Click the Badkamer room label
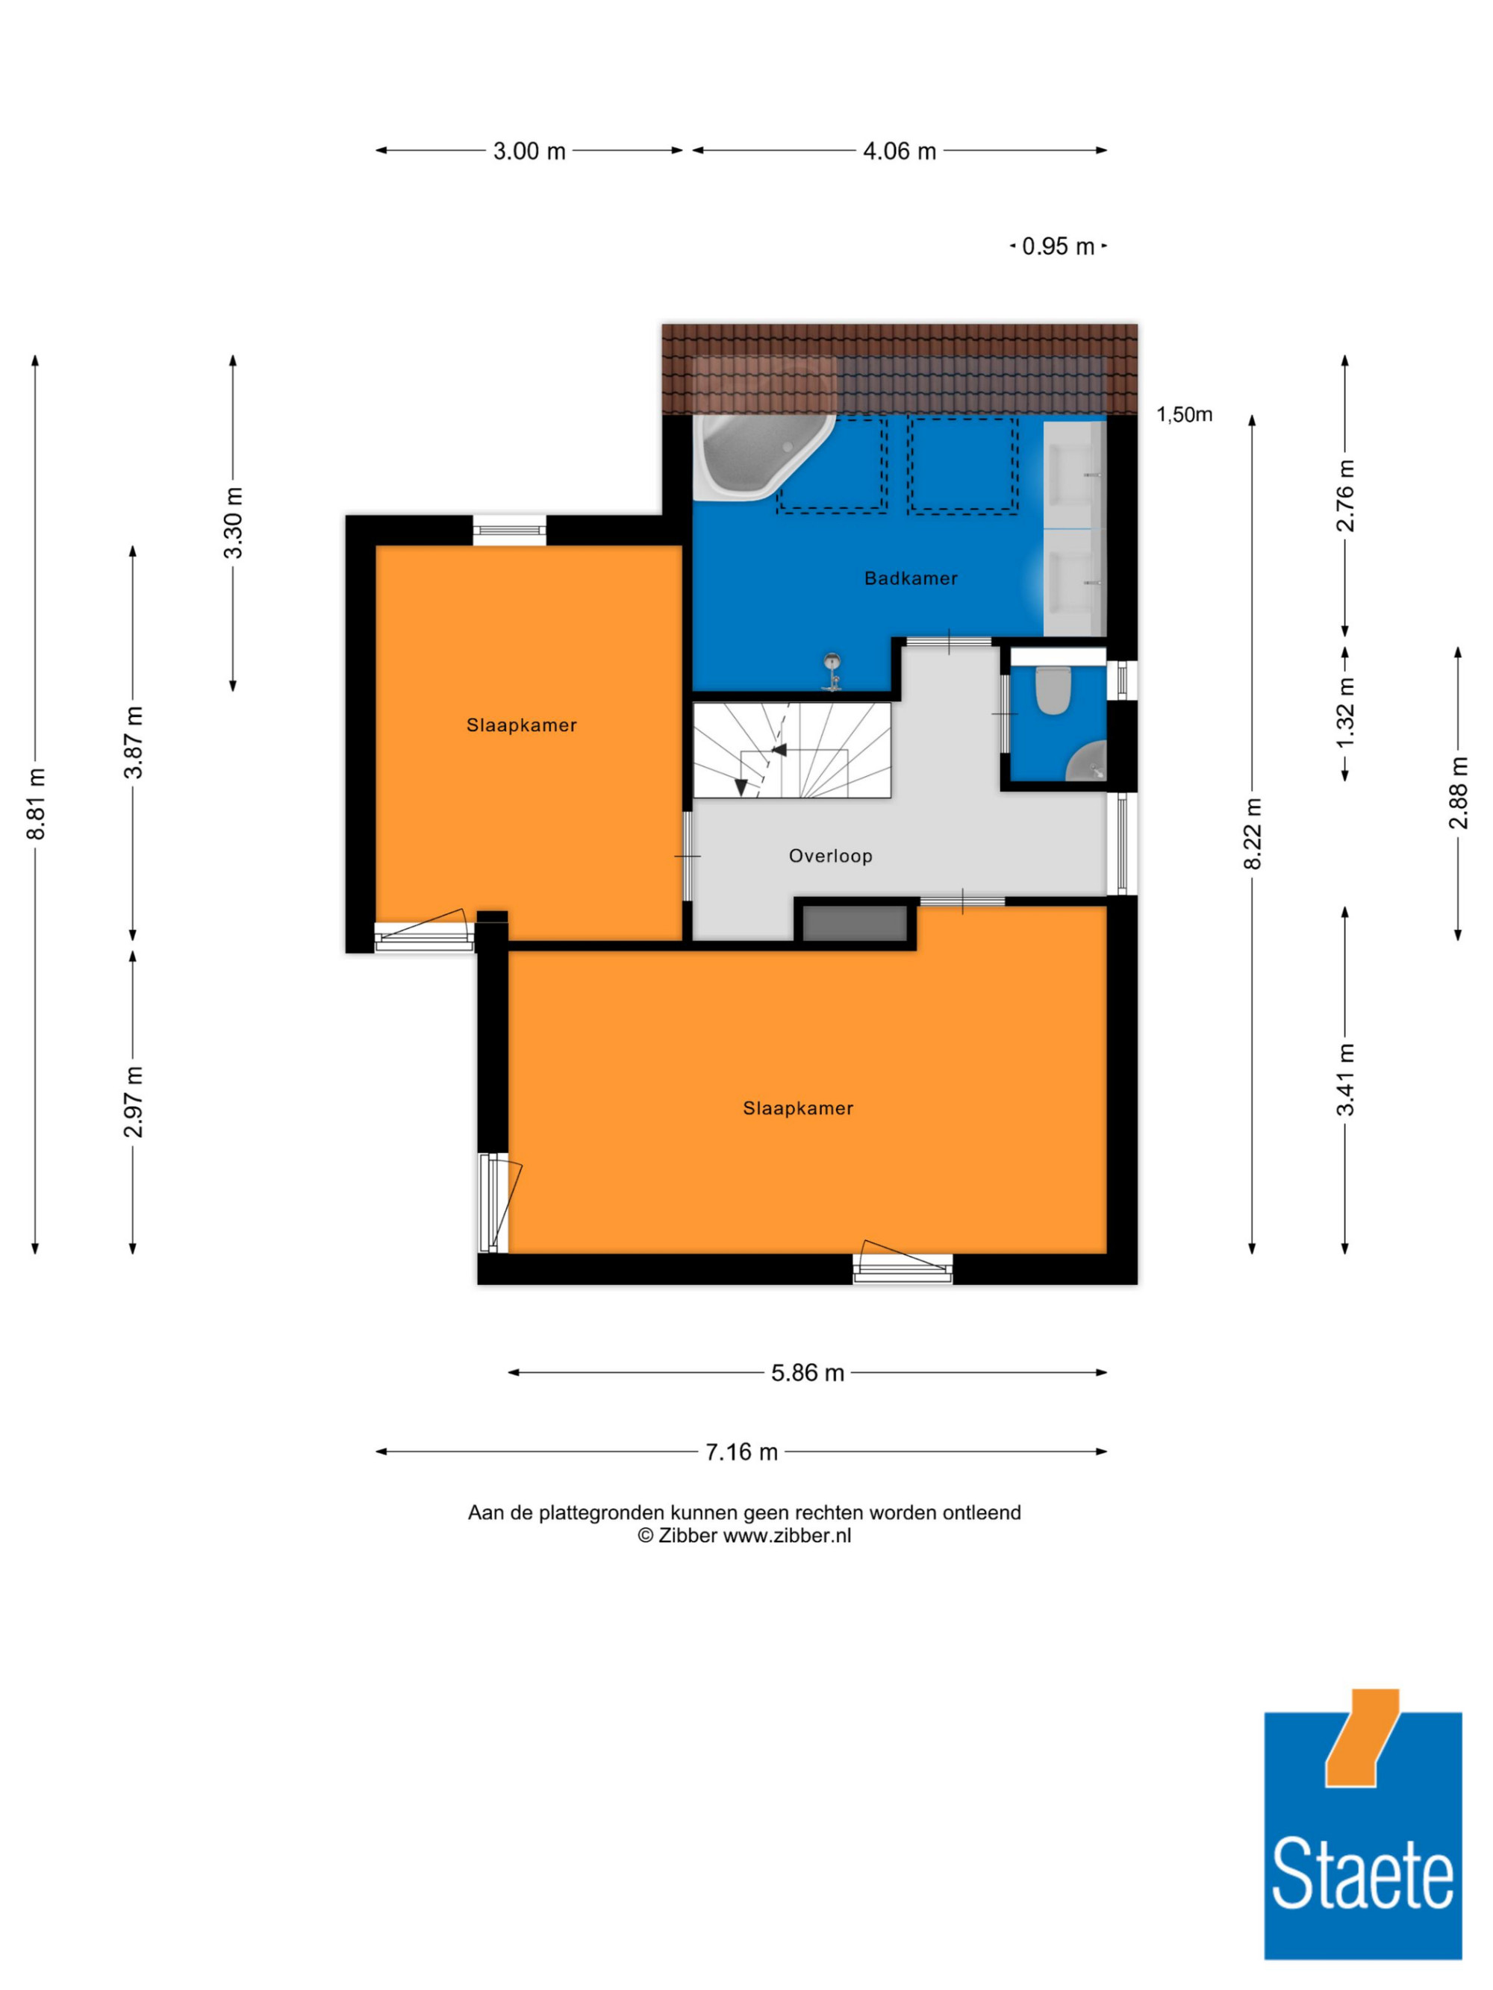[x=910, y=578]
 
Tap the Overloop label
[x=831, y=856]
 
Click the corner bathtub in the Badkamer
[x=761, y=456]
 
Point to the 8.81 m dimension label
[x=36, y=804]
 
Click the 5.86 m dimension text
[x=807, y=1373]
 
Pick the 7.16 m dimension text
[x=741, y=1452]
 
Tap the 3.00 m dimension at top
[x=529, y=151]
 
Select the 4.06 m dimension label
[x=899, y=151]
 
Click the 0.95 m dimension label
[x=1059, y=246]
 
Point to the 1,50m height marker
[x=1184, y=415]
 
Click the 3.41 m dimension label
[x=1344, y=1079]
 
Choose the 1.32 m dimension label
[x=1344, y=712]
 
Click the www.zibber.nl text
[x=787, y=1536]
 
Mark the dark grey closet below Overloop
[x=854, y=924]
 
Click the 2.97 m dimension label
[x=133, y=1101]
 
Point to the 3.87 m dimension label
[x=133, y=742]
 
